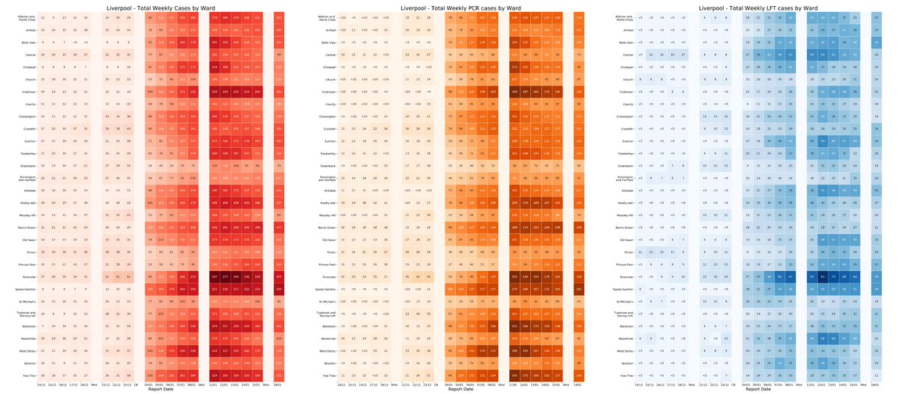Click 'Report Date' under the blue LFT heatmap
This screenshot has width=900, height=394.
tap(758, 389)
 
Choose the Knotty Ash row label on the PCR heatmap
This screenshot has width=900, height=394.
tap(325, 203)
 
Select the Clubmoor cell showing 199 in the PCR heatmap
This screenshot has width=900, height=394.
tap(514, 92)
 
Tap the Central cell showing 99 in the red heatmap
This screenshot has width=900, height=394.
tap(280, 55)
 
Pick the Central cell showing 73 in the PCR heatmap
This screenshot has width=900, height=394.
tap(578, 55)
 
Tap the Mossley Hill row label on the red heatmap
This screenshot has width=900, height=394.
tap(22, 215)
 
